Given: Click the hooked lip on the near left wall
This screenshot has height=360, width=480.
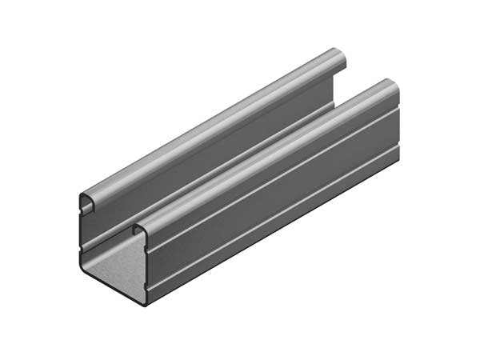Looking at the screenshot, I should pos(86,202).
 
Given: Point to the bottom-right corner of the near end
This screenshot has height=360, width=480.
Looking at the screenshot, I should pos(145,304).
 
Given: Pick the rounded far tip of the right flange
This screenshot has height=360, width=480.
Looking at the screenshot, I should pos(390,86).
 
